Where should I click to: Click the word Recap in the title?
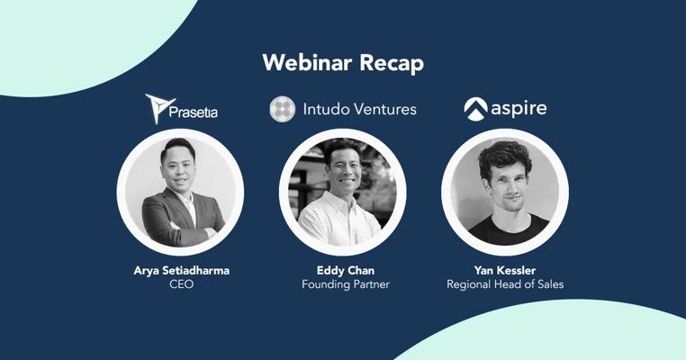(392, 64)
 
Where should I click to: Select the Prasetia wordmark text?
(193, 112)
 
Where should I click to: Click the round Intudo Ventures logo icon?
(283, 109)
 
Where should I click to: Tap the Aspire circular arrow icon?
(475, 109)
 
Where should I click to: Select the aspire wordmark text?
(519, 109)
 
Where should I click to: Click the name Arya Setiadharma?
(182, 270)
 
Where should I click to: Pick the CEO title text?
(182, 284)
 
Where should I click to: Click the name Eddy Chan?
(346, 270)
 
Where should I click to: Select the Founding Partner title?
(346, 284)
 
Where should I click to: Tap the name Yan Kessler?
(505, 270)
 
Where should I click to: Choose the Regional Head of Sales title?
(505, 284)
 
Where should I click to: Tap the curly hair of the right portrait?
(504, 157)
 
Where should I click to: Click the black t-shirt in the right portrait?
(509, 229)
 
